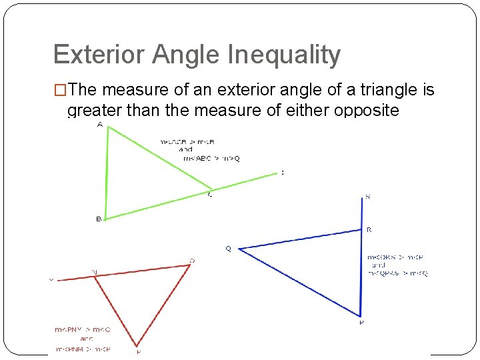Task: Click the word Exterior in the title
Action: [x=98, y=55]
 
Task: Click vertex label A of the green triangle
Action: [x=100, y=125]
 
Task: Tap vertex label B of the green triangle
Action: [x=99, y=219]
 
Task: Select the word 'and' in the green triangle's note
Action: [x=186, y=150]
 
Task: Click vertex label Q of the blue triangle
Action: [x=229, y=249]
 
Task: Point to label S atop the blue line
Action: [x=367, y=197]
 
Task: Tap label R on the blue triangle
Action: [x=369, y=229]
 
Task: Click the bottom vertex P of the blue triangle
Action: [x=360, y=316]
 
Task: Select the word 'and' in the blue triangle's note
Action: [x=379, y=265]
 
